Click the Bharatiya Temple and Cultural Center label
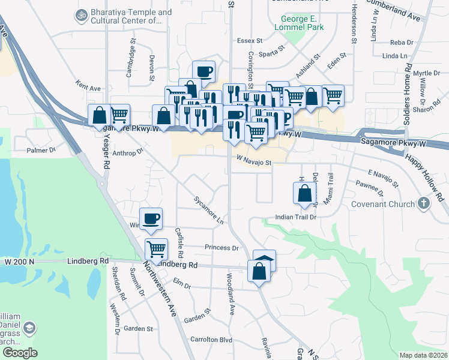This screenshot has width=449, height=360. (126, 17)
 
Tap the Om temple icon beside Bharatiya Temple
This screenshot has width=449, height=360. (80, 14)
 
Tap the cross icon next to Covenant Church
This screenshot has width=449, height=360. (424, 203)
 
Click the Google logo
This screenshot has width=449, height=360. (20, 353)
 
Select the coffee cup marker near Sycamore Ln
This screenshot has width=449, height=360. (151, 218)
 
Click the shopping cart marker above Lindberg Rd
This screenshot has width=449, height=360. (156, 248)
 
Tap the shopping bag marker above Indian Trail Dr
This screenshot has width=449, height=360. (304, 193)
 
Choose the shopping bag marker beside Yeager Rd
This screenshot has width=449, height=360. (99, 115)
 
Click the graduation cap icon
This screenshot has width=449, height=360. (29, 329)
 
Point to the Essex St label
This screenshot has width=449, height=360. (250, 41)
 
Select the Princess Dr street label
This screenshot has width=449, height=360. (221, 247)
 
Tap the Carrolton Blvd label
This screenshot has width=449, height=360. (211, 340)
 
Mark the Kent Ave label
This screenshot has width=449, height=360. (88, 88)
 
